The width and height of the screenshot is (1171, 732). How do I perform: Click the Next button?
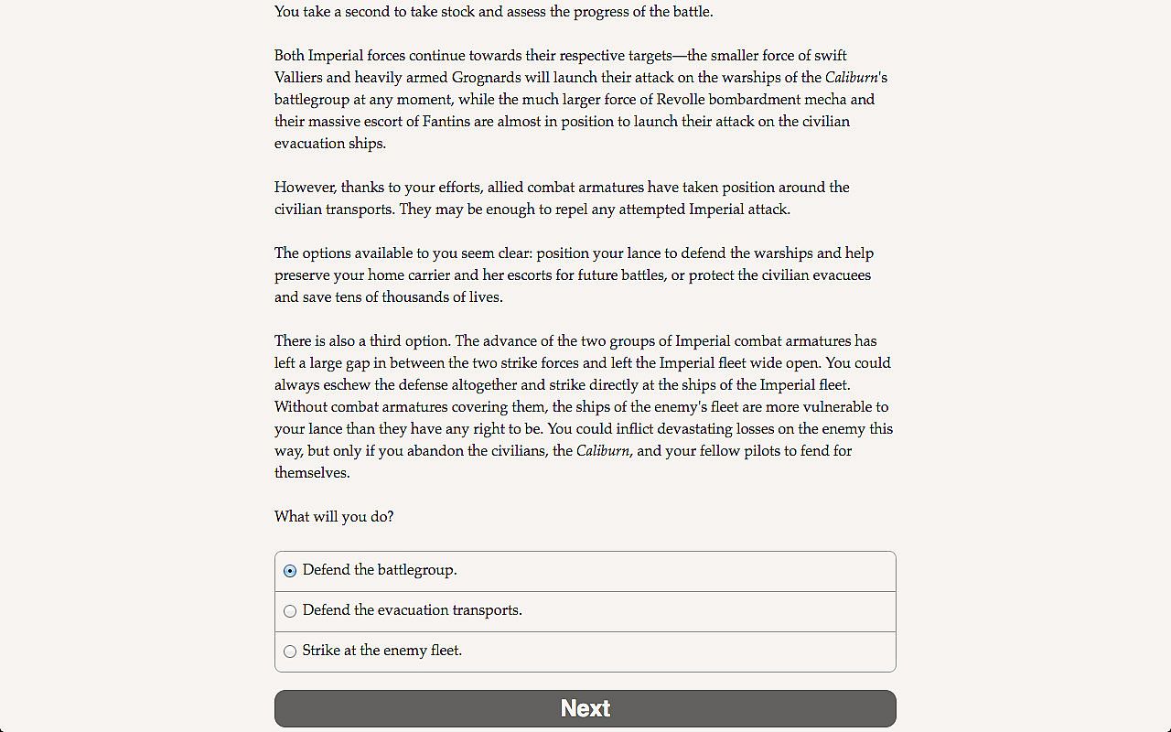(585, 708)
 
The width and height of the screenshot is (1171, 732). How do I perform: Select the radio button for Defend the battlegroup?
(290, 571)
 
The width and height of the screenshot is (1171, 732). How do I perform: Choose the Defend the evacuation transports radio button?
(290, 611)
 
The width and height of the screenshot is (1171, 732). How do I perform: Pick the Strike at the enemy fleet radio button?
(290, 651)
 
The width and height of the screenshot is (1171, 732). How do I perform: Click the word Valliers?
(300, 78)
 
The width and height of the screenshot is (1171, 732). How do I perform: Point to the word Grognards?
(486, 78)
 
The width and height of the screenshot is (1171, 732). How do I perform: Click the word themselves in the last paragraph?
(311, 473)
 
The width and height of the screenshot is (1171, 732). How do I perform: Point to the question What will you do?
(334, 517)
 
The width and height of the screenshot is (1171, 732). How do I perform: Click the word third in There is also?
(384, 341)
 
